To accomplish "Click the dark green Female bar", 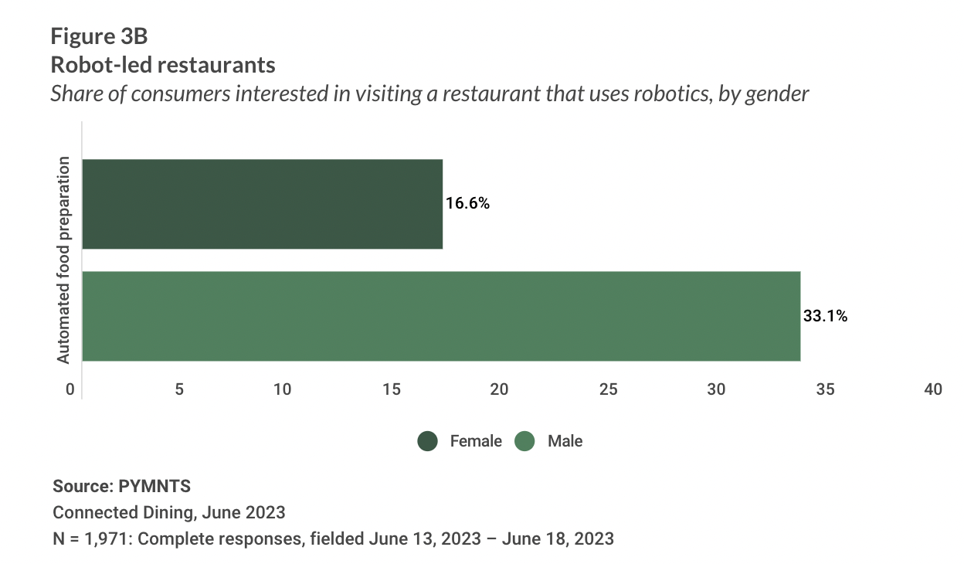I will [262, 204].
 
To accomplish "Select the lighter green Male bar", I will [440, 316].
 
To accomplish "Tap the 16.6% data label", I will [468, 204].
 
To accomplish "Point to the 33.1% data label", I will [825, 316].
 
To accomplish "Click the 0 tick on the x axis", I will [70, 389].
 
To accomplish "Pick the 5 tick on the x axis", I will [179, 389].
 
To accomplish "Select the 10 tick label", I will [283, 389].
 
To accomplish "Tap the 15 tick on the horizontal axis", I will [392, 389].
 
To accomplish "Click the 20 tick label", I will [500, 389].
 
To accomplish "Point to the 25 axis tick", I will [609, 389].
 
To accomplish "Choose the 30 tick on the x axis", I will [717, 389].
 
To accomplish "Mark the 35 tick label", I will [826, 389].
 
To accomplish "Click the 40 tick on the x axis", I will [934, 389].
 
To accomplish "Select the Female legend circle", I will [428, 441].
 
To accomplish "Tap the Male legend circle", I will [525, 441].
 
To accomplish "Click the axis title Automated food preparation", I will [64, 260].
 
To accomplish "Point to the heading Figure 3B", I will [99, 36].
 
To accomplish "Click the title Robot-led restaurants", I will [163, 64].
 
